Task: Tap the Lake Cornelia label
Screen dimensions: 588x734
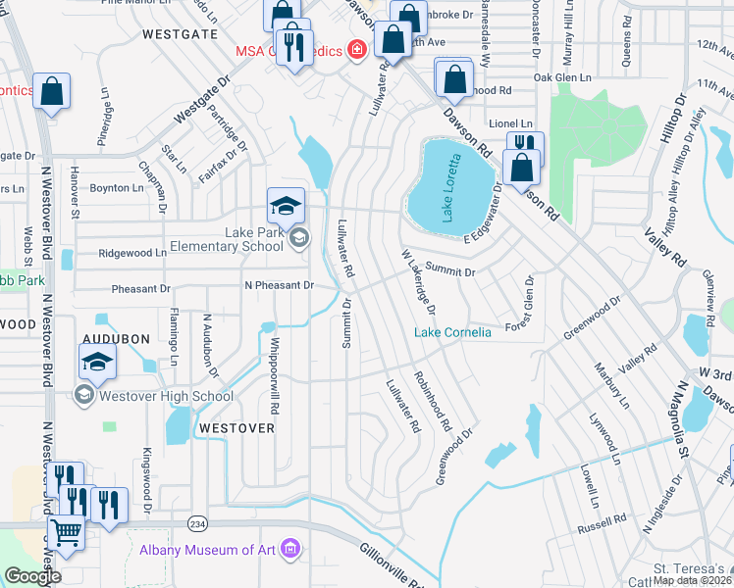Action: pyautogui.click(x=452, y=333)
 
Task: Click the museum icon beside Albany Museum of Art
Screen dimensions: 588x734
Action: pyautogui.click(x=288, y=548)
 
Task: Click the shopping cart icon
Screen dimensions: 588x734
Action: pyautogui.click(x=66, y=534)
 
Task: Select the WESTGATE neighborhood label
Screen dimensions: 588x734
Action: pyautogui.click(x=180, y=33)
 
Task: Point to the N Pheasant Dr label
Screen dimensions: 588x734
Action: pyautogui.click(x=279, y=285)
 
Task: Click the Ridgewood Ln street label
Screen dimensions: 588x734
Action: pyautogui.click(x=131, y=253)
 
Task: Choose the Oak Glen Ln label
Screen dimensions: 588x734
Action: pyautogui.click(x=562, y=77)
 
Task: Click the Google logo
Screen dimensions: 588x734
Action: pyautogui.click(x=32, y=576)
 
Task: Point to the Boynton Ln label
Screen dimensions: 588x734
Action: pyautogui.click(x=116, y=187)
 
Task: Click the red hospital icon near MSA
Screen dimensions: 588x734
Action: pyautogui.click(x=359, y=50)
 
